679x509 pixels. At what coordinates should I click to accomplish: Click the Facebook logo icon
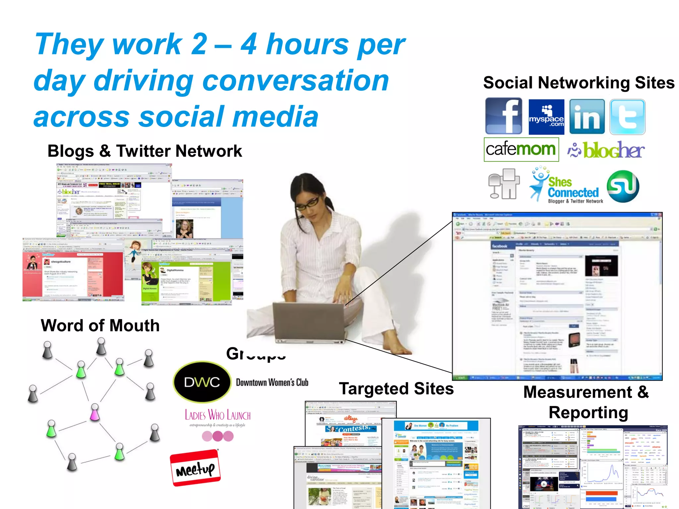[503, 116]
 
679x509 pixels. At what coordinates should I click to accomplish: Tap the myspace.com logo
[546, 117]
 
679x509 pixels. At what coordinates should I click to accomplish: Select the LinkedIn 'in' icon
[587, 117]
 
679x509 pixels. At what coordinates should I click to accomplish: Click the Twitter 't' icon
[627, 117]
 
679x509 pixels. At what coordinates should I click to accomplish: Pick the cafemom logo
[521, 149]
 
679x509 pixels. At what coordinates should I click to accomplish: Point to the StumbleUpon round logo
[623, 186]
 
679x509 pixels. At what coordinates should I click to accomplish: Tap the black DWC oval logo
[202, 382]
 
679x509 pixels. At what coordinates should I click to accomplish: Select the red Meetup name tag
[195, 468]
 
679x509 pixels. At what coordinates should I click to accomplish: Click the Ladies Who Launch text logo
[217, 416]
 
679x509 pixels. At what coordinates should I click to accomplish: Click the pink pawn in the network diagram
[95, 412]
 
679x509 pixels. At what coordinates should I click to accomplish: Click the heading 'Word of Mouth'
[100, 325]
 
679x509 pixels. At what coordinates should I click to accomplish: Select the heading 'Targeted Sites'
[396, 388]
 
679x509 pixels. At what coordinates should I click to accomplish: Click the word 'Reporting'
[588, 413]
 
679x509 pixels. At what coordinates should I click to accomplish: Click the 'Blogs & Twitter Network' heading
[145, 151]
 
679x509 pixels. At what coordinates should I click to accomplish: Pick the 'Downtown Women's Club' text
[272, 382]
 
